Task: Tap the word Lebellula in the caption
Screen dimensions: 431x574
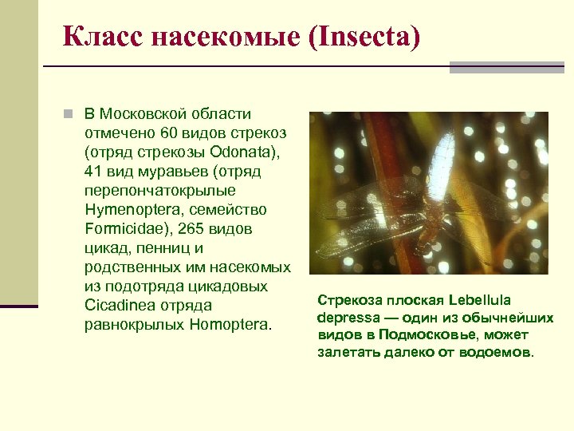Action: tap(480, 300)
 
